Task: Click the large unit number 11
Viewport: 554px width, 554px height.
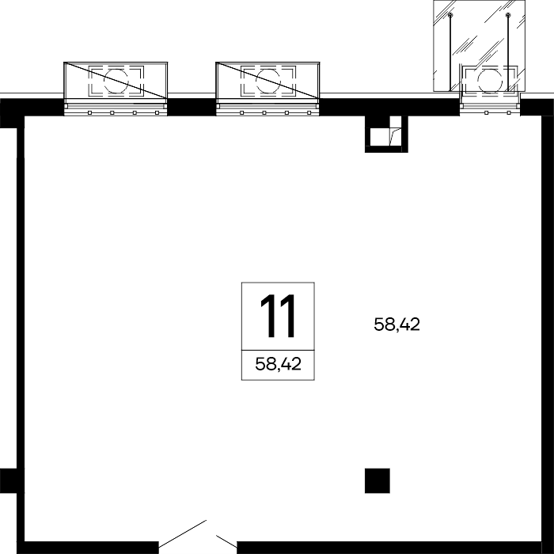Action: point(278,316)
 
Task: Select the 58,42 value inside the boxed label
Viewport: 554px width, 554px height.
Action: point(278,363)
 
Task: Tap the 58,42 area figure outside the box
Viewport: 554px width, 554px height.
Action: point(397,324)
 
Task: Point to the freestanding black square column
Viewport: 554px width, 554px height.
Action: point(378,480)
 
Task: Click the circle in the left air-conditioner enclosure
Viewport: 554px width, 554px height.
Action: point(116,81)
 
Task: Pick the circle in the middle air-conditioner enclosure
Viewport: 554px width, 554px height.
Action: point(268,81)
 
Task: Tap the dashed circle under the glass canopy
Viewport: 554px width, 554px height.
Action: point(490,82)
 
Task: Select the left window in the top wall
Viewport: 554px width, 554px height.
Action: point(116,109)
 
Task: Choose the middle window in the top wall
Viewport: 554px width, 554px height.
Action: point(268,109)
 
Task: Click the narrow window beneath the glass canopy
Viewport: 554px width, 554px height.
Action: point(490,109)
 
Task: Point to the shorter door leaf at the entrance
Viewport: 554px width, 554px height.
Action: point(226,541)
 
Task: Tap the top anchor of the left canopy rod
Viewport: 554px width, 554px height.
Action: point(450,15)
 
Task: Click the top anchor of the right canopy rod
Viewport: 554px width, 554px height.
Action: point(508,15)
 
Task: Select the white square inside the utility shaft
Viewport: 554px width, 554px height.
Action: point(379,137)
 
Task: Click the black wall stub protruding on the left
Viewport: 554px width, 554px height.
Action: point(9,480)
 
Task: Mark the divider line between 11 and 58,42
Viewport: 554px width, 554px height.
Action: point(278,351)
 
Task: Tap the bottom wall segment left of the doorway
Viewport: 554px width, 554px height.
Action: point(91,548)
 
